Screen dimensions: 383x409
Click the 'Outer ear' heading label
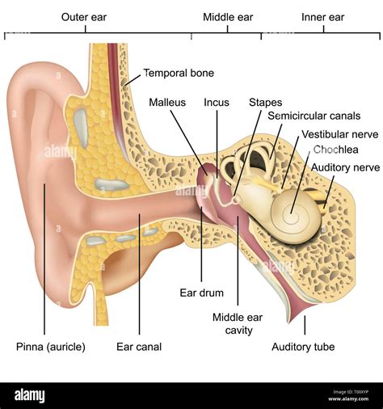coord(84,17)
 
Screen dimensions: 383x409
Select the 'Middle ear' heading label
coord(228,17)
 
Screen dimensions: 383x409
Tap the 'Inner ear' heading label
coord(322,17)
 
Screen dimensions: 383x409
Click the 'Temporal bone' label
coord(179,73)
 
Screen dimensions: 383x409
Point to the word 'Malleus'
coord(167,103)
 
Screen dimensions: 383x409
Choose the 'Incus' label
coord(217,103)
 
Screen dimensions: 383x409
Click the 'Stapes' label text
coord(265,103)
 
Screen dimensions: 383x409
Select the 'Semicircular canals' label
coord(314,116)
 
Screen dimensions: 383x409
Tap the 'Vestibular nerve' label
coord(340,134)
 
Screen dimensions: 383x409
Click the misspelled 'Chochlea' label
coord(335,150)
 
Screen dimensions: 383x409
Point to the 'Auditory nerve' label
coord(346,167)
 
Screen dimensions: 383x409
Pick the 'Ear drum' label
coord(202,293)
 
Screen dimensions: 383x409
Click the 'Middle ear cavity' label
coord(238,323)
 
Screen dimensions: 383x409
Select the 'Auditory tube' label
coord(303,347)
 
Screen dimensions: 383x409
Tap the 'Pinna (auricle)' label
coord(51,347)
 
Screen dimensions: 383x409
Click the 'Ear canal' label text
coord(139,347)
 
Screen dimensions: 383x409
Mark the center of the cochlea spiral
coord(292,213)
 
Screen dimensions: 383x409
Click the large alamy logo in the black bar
coord(30,396)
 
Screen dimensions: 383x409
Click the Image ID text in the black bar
coord(351,392)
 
